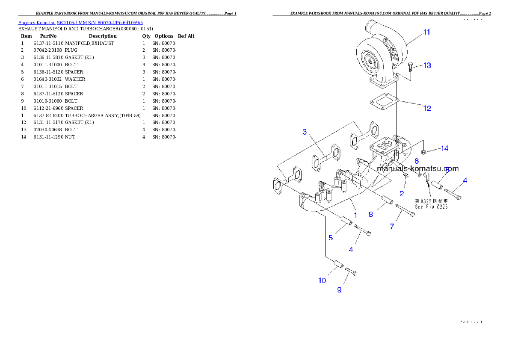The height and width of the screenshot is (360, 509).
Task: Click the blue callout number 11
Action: tap(426, 32)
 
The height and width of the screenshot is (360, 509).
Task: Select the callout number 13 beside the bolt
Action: tap(427, 65)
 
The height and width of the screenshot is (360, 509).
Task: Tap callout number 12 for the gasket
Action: tap(427, 109)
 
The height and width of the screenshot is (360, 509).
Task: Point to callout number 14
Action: tap(444, 148)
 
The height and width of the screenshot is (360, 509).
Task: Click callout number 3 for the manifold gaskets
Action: tap(305, 132)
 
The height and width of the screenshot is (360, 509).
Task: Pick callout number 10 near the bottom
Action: tap(322, 280)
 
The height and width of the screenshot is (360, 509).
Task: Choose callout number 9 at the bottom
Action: tap(339, 290)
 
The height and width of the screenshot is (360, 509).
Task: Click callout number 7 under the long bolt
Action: tap(392, 227)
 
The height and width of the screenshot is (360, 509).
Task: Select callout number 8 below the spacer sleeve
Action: tap(371, 215)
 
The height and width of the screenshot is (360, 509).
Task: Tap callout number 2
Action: tap(401, 194)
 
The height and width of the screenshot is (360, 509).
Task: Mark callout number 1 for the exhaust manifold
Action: tap(355, 212)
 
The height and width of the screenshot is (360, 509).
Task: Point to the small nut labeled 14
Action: tap(423, 151)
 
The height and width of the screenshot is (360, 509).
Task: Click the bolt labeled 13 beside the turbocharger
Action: tap(411, 67)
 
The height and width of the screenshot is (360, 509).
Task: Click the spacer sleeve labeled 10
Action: tap(337, 265)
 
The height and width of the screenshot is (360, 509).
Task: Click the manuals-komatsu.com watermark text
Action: tap(417, 168)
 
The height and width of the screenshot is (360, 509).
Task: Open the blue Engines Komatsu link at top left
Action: tap(80, 22)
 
